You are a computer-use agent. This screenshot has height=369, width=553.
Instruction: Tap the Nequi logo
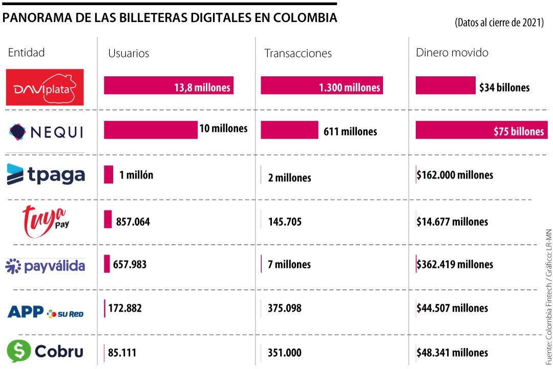click(46, 132)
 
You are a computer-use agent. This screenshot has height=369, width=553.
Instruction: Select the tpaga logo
click(46, 175)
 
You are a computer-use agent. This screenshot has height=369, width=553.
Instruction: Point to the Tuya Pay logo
click(46, 221)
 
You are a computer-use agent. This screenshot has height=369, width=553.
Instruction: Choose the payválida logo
click(45, 266)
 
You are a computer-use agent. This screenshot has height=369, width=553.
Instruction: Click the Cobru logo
click(45, 352)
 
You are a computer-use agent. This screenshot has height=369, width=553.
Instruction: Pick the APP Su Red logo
click(46, 312)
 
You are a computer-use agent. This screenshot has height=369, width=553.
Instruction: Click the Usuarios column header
click(129, 53)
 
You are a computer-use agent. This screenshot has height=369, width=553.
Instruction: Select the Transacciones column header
click(297, 53)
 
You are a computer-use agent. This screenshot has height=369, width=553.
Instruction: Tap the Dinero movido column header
click(452, 53)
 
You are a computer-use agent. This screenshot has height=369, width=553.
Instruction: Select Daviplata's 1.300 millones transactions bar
click(322, 86)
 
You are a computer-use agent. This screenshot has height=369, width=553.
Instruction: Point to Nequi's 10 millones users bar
click(151, 130)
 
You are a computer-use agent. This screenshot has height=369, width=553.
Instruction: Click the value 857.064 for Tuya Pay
click(133, 222)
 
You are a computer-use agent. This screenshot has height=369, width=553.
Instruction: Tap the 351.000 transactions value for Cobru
click(284, 353)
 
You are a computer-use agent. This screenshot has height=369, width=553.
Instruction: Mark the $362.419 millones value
click(455, 265)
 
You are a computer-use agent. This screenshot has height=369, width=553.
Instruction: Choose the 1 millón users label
click(136, 175)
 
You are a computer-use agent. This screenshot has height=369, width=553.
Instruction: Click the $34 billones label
click(504, 88)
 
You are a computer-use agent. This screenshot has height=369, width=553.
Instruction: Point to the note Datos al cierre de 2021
click(498, 24)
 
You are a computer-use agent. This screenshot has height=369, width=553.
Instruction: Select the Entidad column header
click(26, 52)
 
